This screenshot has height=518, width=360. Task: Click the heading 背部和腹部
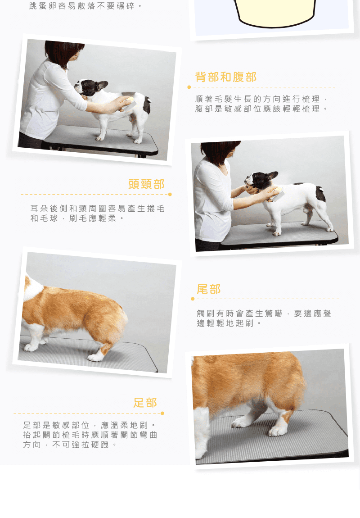(x=226, y=77)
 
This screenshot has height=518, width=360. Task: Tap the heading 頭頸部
(x=146, y=184)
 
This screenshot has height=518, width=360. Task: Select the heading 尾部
(x=208, y=289)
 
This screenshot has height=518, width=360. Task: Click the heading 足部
(x=145, y=403)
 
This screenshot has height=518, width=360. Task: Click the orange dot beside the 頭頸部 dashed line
(x=170, y=194)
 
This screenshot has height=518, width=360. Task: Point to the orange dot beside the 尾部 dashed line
(x=193, y=299)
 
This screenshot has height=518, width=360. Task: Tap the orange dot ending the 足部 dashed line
(x=162, y=413)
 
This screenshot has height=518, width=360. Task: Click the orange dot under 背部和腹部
(x=189, y=87)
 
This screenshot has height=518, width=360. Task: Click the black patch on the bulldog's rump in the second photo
(x=320, y=194)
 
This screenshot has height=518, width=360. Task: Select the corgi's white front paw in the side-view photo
(x=31, y=346)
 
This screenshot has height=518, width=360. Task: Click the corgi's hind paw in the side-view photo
(x=96, y=356)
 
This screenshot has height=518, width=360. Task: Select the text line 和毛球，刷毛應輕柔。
(x=77, y=218)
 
